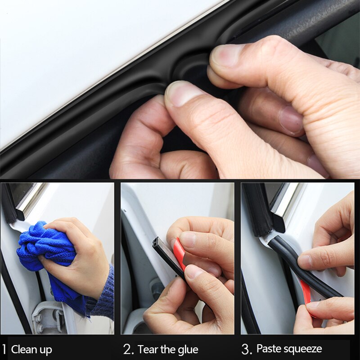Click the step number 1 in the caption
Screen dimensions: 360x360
[x=4, y=349]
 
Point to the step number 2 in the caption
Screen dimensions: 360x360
[x=128, y=349]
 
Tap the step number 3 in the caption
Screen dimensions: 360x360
[x=246, y=349]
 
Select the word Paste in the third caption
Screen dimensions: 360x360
[x=268, y=349]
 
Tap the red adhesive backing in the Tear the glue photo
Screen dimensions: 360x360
[x=179, y=254]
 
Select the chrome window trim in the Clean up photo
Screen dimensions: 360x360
[x=31, y=200]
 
